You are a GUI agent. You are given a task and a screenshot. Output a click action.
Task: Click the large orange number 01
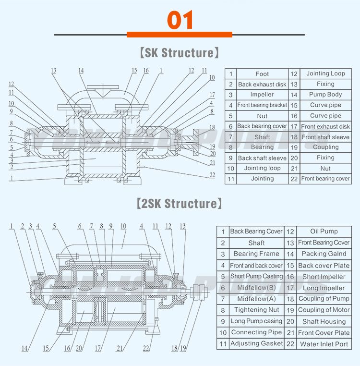click(180, 20)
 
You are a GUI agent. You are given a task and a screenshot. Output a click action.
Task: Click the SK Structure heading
click(180, 52)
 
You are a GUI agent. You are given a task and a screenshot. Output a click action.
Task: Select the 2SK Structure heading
click(180, 204)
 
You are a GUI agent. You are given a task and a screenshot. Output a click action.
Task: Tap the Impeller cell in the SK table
click(262, 95)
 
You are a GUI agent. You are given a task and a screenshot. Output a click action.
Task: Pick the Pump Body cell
click(325, 95)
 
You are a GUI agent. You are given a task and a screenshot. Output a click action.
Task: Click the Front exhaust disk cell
click(325, 126)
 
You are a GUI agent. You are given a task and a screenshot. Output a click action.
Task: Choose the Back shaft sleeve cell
click(262, 158)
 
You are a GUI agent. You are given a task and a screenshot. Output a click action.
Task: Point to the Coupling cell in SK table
click(325, 147)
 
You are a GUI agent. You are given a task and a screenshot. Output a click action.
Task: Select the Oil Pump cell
click(324, 232)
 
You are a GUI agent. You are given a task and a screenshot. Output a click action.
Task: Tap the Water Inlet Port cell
click(324, 344)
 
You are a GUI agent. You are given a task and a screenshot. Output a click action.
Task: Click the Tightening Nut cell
click(256, 310)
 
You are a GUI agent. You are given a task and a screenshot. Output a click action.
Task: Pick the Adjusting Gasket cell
click(256, 343)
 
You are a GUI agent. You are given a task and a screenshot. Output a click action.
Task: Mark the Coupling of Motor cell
click(324, 310)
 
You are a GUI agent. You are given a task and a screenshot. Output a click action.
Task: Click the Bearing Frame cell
click(256, 254)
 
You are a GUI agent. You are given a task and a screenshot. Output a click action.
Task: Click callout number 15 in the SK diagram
click(134, 70)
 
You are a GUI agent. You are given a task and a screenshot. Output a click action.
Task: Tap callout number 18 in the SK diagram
click(212, 128)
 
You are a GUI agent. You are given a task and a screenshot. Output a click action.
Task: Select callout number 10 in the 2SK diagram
click(123, 226)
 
